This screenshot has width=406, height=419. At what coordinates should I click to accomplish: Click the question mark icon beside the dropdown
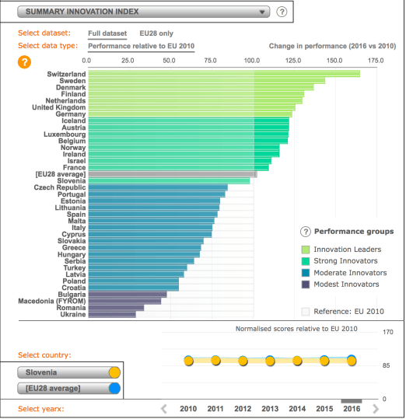coord(282,12)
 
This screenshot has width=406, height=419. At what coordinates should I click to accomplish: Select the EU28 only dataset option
coord(156,33)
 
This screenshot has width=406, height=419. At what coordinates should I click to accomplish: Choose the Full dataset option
coord(107,33)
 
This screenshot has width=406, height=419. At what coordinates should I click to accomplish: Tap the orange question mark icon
coord(25,61)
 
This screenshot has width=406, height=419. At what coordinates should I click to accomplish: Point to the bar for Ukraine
coord(112,315)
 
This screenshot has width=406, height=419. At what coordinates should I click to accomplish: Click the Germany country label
coord(68,114)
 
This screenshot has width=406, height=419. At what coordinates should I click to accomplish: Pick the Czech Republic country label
coord(60,187)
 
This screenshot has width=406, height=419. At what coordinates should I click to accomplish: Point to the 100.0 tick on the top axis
coord(252,60)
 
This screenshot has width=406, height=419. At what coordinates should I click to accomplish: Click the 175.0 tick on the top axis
coord(376,60)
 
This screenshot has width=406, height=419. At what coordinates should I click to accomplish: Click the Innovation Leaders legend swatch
coord(306,249)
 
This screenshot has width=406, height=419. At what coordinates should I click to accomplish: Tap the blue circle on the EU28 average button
coord(114,388)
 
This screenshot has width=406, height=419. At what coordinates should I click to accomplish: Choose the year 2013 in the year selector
coord(269,408)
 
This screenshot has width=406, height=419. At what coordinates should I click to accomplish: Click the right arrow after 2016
coord(376,408)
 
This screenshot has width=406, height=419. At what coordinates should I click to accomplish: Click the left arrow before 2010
coord(164,408)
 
